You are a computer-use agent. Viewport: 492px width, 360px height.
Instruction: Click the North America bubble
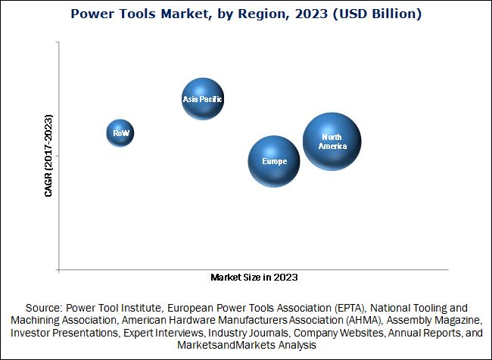(332, 141)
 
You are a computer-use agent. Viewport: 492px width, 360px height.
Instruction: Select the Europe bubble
(274, 161)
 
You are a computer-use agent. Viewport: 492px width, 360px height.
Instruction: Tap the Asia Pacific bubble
(203, 98)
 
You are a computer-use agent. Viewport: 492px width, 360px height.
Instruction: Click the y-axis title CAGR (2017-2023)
(48, 156)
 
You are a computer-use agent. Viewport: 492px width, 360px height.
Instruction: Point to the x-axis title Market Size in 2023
(254, 278)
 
